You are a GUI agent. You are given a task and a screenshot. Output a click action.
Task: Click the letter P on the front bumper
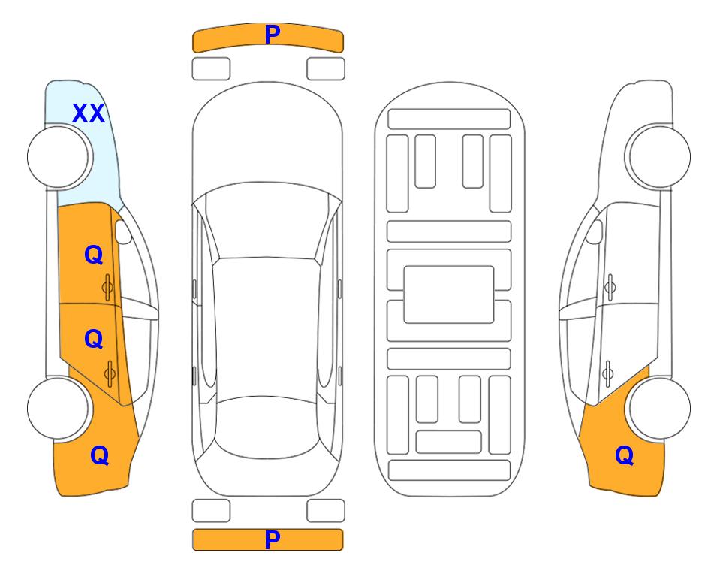[273, 34]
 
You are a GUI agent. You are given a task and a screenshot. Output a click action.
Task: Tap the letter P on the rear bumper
[272, 539]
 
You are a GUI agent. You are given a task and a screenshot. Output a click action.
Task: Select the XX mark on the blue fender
[89, 113]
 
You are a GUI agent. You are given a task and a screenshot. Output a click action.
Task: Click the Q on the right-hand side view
[625, 455]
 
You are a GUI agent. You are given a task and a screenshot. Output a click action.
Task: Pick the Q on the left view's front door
[94, 255]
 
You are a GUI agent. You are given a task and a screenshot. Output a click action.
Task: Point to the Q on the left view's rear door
[94, 340]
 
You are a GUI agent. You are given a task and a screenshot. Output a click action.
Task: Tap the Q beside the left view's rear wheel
[100, 455]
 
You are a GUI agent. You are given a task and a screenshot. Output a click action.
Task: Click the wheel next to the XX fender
[59, 157]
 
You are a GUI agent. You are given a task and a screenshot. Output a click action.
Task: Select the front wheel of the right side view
[658, 156]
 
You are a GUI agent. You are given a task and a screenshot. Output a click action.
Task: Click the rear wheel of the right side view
[659, 409]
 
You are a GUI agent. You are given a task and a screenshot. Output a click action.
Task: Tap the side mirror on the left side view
[123, 231]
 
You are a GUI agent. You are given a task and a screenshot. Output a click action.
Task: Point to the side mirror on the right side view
[595, 231]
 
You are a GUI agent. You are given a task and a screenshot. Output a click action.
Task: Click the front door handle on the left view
[108, 287]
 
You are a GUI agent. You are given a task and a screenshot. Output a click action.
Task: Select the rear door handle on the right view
[607, 373]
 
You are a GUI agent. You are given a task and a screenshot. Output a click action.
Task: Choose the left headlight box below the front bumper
[211, 69]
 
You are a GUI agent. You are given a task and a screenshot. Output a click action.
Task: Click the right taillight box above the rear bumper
[326, 511]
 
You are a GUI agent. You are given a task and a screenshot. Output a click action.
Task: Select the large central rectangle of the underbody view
[449, 295]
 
